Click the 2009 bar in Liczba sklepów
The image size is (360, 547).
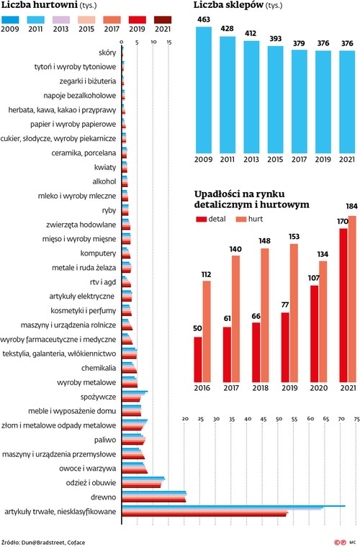[204, 90]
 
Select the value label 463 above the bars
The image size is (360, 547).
[204, 19]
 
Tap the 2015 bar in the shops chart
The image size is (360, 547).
[276, 100]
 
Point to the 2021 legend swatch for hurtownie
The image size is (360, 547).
[163, 20]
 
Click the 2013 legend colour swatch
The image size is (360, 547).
[60, 20]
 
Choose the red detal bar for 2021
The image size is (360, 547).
[343, 305]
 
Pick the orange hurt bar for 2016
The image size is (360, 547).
[207, 331]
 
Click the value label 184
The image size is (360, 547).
[351, 207]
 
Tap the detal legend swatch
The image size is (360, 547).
[202, 219]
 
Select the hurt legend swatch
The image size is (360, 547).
[241, 219]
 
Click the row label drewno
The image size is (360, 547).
[103, 497]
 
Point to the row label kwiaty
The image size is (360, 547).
[105, 168]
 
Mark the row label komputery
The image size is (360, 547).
[98, 253]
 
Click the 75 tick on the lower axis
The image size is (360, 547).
[356, 419]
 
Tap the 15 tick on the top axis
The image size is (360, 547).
[169, 42]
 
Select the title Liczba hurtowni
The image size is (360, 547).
[40, 5]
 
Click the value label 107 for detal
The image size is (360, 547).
[314, 278]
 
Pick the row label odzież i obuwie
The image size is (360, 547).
[91, 483]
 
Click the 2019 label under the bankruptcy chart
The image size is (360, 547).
[289, 388]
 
